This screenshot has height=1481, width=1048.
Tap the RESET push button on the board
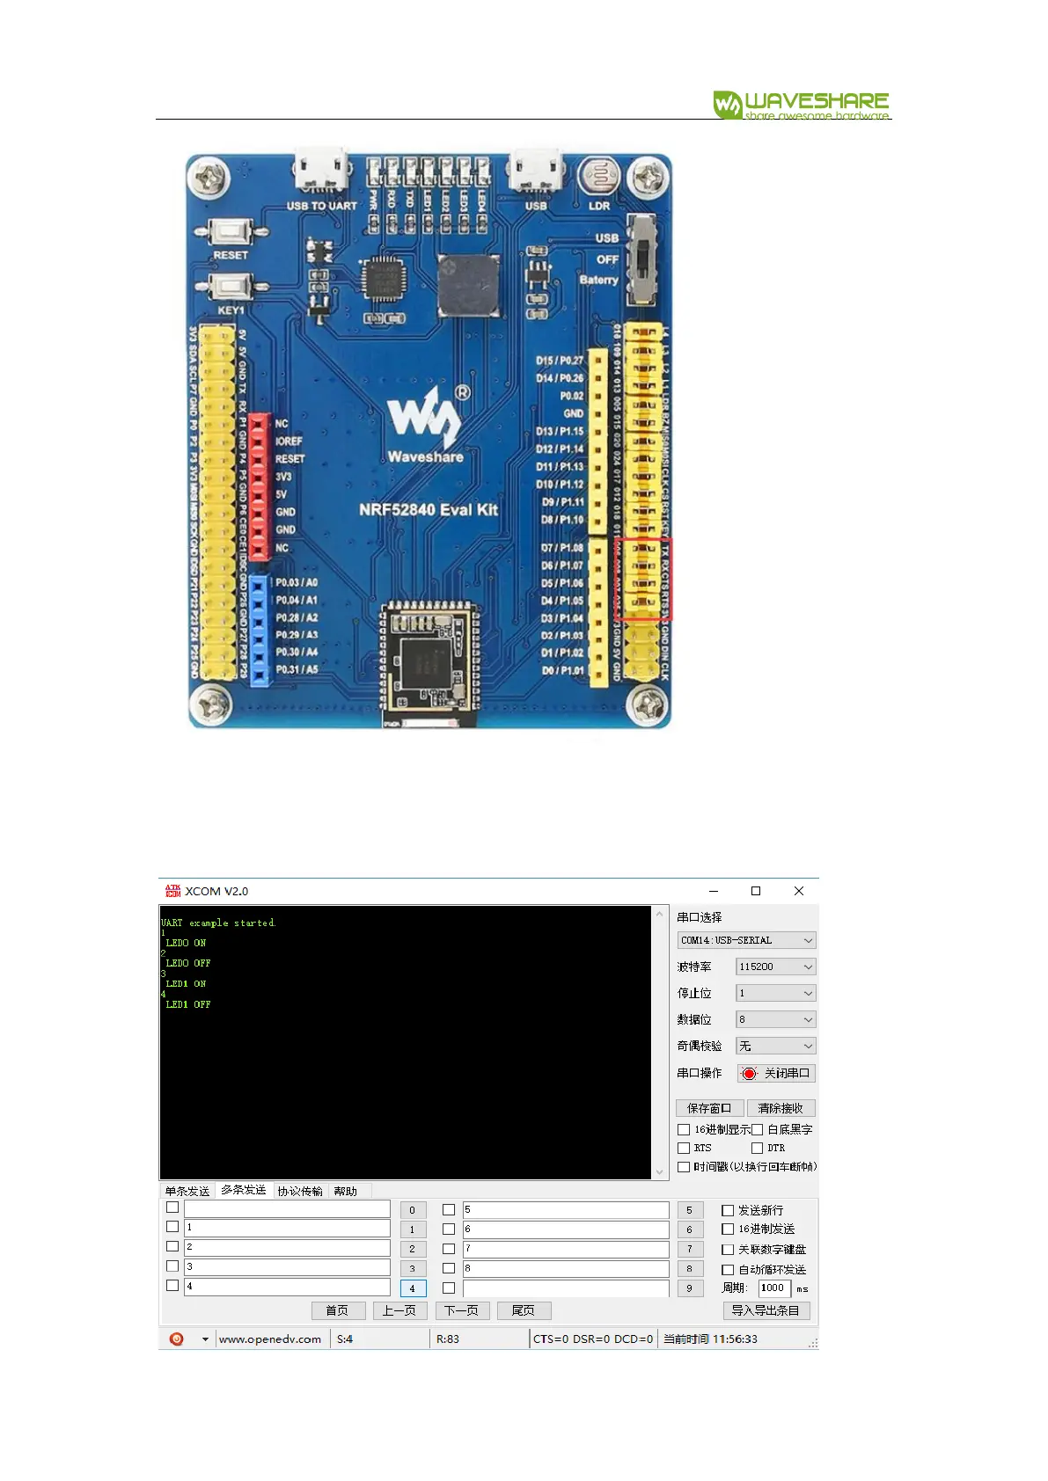(231, 233)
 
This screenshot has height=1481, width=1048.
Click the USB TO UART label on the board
(321, 206)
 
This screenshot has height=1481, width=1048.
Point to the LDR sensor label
(599, 206)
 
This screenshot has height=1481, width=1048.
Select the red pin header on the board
(258, 486)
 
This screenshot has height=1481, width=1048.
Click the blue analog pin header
(258, 630)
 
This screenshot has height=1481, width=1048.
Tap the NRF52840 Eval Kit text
(429, 509)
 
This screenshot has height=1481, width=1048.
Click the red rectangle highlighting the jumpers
(643, 579)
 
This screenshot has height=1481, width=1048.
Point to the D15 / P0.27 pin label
(560, 361)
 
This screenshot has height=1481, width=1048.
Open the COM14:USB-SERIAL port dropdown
(746, 940)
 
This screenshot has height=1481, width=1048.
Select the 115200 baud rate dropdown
(775, 967)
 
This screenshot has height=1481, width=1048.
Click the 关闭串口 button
(776, 1073)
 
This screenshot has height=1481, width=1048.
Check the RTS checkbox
(684, 1148)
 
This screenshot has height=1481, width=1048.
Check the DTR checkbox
(757, 1148)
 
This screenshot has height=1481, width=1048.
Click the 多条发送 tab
(244, 1190)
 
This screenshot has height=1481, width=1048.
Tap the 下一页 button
(461, 1310)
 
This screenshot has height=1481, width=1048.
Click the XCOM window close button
(798, 891)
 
